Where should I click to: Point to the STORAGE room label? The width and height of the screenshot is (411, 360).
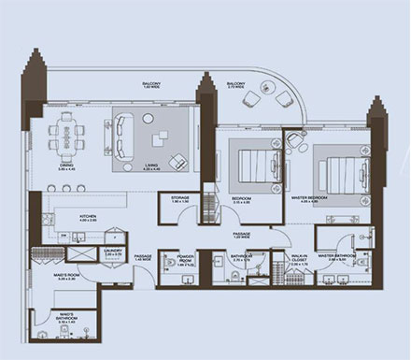click(x=180, y=199)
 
